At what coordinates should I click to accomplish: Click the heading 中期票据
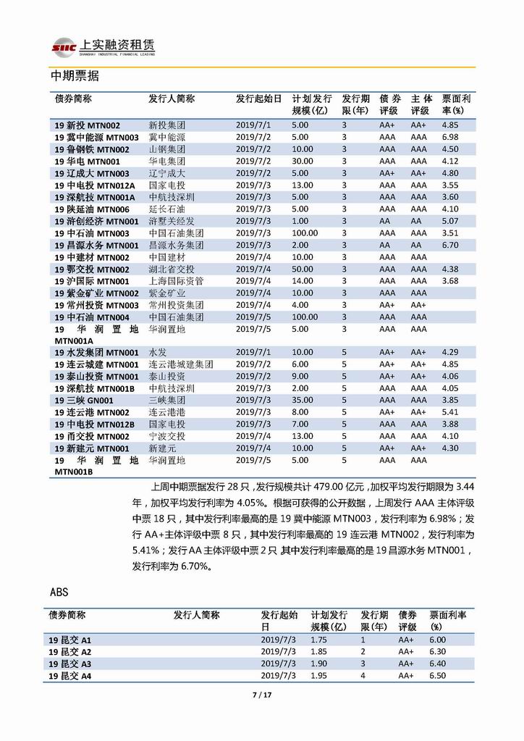[75, 76]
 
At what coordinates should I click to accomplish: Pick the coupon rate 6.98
[449, 137]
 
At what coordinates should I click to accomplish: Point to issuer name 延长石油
[166, 209]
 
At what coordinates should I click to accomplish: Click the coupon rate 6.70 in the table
[449, 246]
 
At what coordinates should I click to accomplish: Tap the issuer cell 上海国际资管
[176, 281]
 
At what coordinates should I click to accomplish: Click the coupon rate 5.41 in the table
[449, 412]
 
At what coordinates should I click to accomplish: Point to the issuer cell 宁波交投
[166, 436]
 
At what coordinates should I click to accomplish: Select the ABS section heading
[59, 592]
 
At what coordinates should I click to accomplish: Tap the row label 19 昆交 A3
[70, 663]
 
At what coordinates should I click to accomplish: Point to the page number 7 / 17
[261, 696]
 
